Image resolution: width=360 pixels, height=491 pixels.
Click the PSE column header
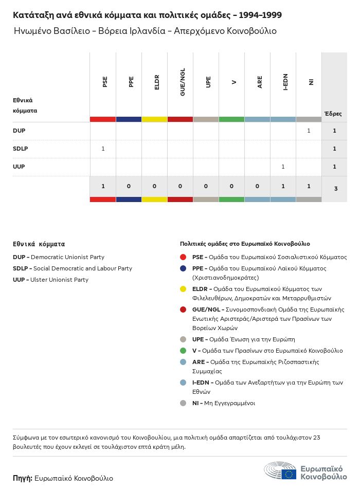pos(105,82)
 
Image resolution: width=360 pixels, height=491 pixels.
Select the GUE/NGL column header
pos(183,82)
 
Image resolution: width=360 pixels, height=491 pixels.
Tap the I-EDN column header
pos(285,82)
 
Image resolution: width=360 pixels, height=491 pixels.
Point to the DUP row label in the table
pos(19,131)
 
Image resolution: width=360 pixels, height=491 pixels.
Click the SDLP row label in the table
pos(20,149)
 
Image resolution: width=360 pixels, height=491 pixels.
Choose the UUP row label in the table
pos(19,167)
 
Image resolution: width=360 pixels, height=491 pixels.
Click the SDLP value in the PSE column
pos(103,149)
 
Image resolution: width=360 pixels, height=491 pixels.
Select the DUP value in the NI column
pos(309,131)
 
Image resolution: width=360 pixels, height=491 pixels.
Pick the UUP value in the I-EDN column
pos(283,167)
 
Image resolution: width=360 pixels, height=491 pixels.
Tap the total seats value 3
pos(335,189)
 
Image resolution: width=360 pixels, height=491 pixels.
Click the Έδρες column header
pos(333,114)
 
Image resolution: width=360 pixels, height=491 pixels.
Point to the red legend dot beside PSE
pos(183,257)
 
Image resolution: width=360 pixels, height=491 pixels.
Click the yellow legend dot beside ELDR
pos(183,289)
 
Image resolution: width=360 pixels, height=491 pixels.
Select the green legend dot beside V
pos(183,351)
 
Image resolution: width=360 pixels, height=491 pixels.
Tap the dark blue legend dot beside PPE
pos(183,268)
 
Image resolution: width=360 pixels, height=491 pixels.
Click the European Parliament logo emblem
pos(280,471)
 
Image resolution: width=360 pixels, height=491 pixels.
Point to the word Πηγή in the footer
pos(23,478)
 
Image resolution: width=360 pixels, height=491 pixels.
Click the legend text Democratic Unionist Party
pos(67,257)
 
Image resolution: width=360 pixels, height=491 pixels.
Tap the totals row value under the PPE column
pos(129,186)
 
